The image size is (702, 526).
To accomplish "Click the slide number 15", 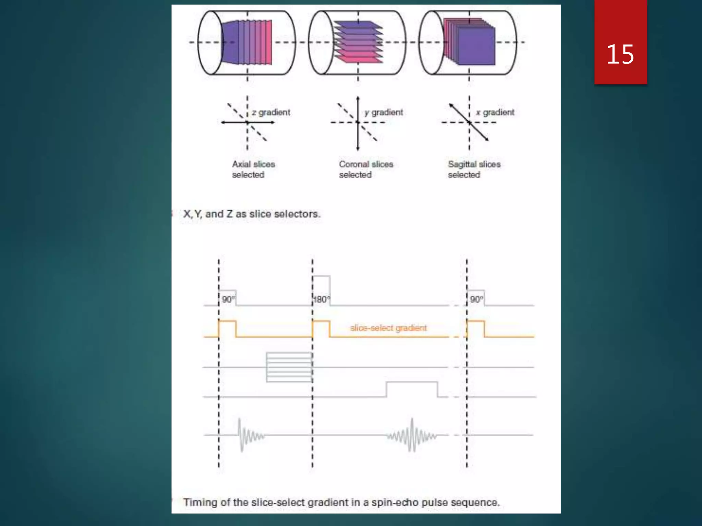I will (620, 54).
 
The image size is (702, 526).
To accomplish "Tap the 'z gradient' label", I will (271, 112).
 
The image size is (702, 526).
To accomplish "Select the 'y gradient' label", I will (384, 112).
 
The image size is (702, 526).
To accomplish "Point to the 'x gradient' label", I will (495, 112).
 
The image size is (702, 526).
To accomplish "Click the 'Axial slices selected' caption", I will (253, 169).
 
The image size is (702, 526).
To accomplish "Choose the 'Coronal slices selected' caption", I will (366, 169).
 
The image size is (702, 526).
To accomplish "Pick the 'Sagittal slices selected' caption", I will (474, 169).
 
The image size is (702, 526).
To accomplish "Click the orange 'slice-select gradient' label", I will (388, 328).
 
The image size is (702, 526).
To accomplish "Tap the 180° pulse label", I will (321, 300).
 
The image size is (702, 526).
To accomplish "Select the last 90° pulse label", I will (476, 299).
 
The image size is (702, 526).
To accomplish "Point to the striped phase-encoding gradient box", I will (289, 367).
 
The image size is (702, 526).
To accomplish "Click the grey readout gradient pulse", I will (412, 389).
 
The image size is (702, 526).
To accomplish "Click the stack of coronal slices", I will (358, 42).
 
